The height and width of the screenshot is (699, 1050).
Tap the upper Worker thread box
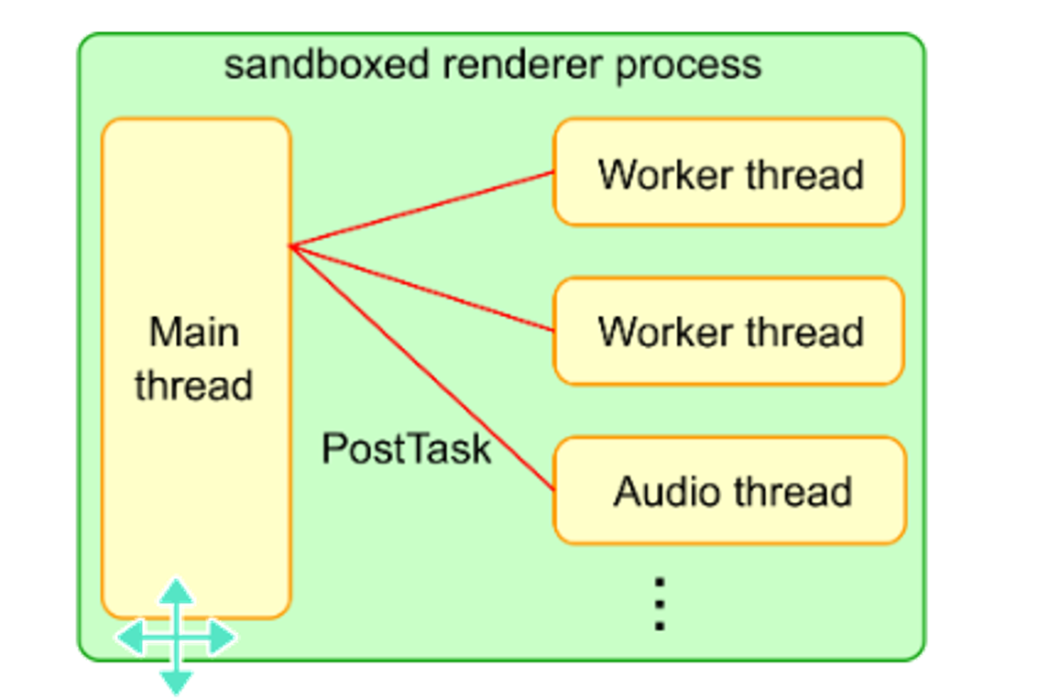tap(729, 172)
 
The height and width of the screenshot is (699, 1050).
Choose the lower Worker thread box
tap(729, 331)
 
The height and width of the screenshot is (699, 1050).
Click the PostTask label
tap(406, 449)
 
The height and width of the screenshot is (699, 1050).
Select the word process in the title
tap(688, 65)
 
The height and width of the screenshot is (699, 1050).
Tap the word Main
tap(194, 332)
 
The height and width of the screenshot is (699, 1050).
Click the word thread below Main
tap(194, 386)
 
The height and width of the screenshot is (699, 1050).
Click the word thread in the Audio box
tap(793, 491)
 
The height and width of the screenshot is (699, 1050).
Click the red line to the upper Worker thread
tap(421, 209)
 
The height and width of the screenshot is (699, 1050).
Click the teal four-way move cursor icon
tap(176, 636)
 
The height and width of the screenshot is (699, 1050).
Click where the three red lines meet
tap(291, 246)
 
